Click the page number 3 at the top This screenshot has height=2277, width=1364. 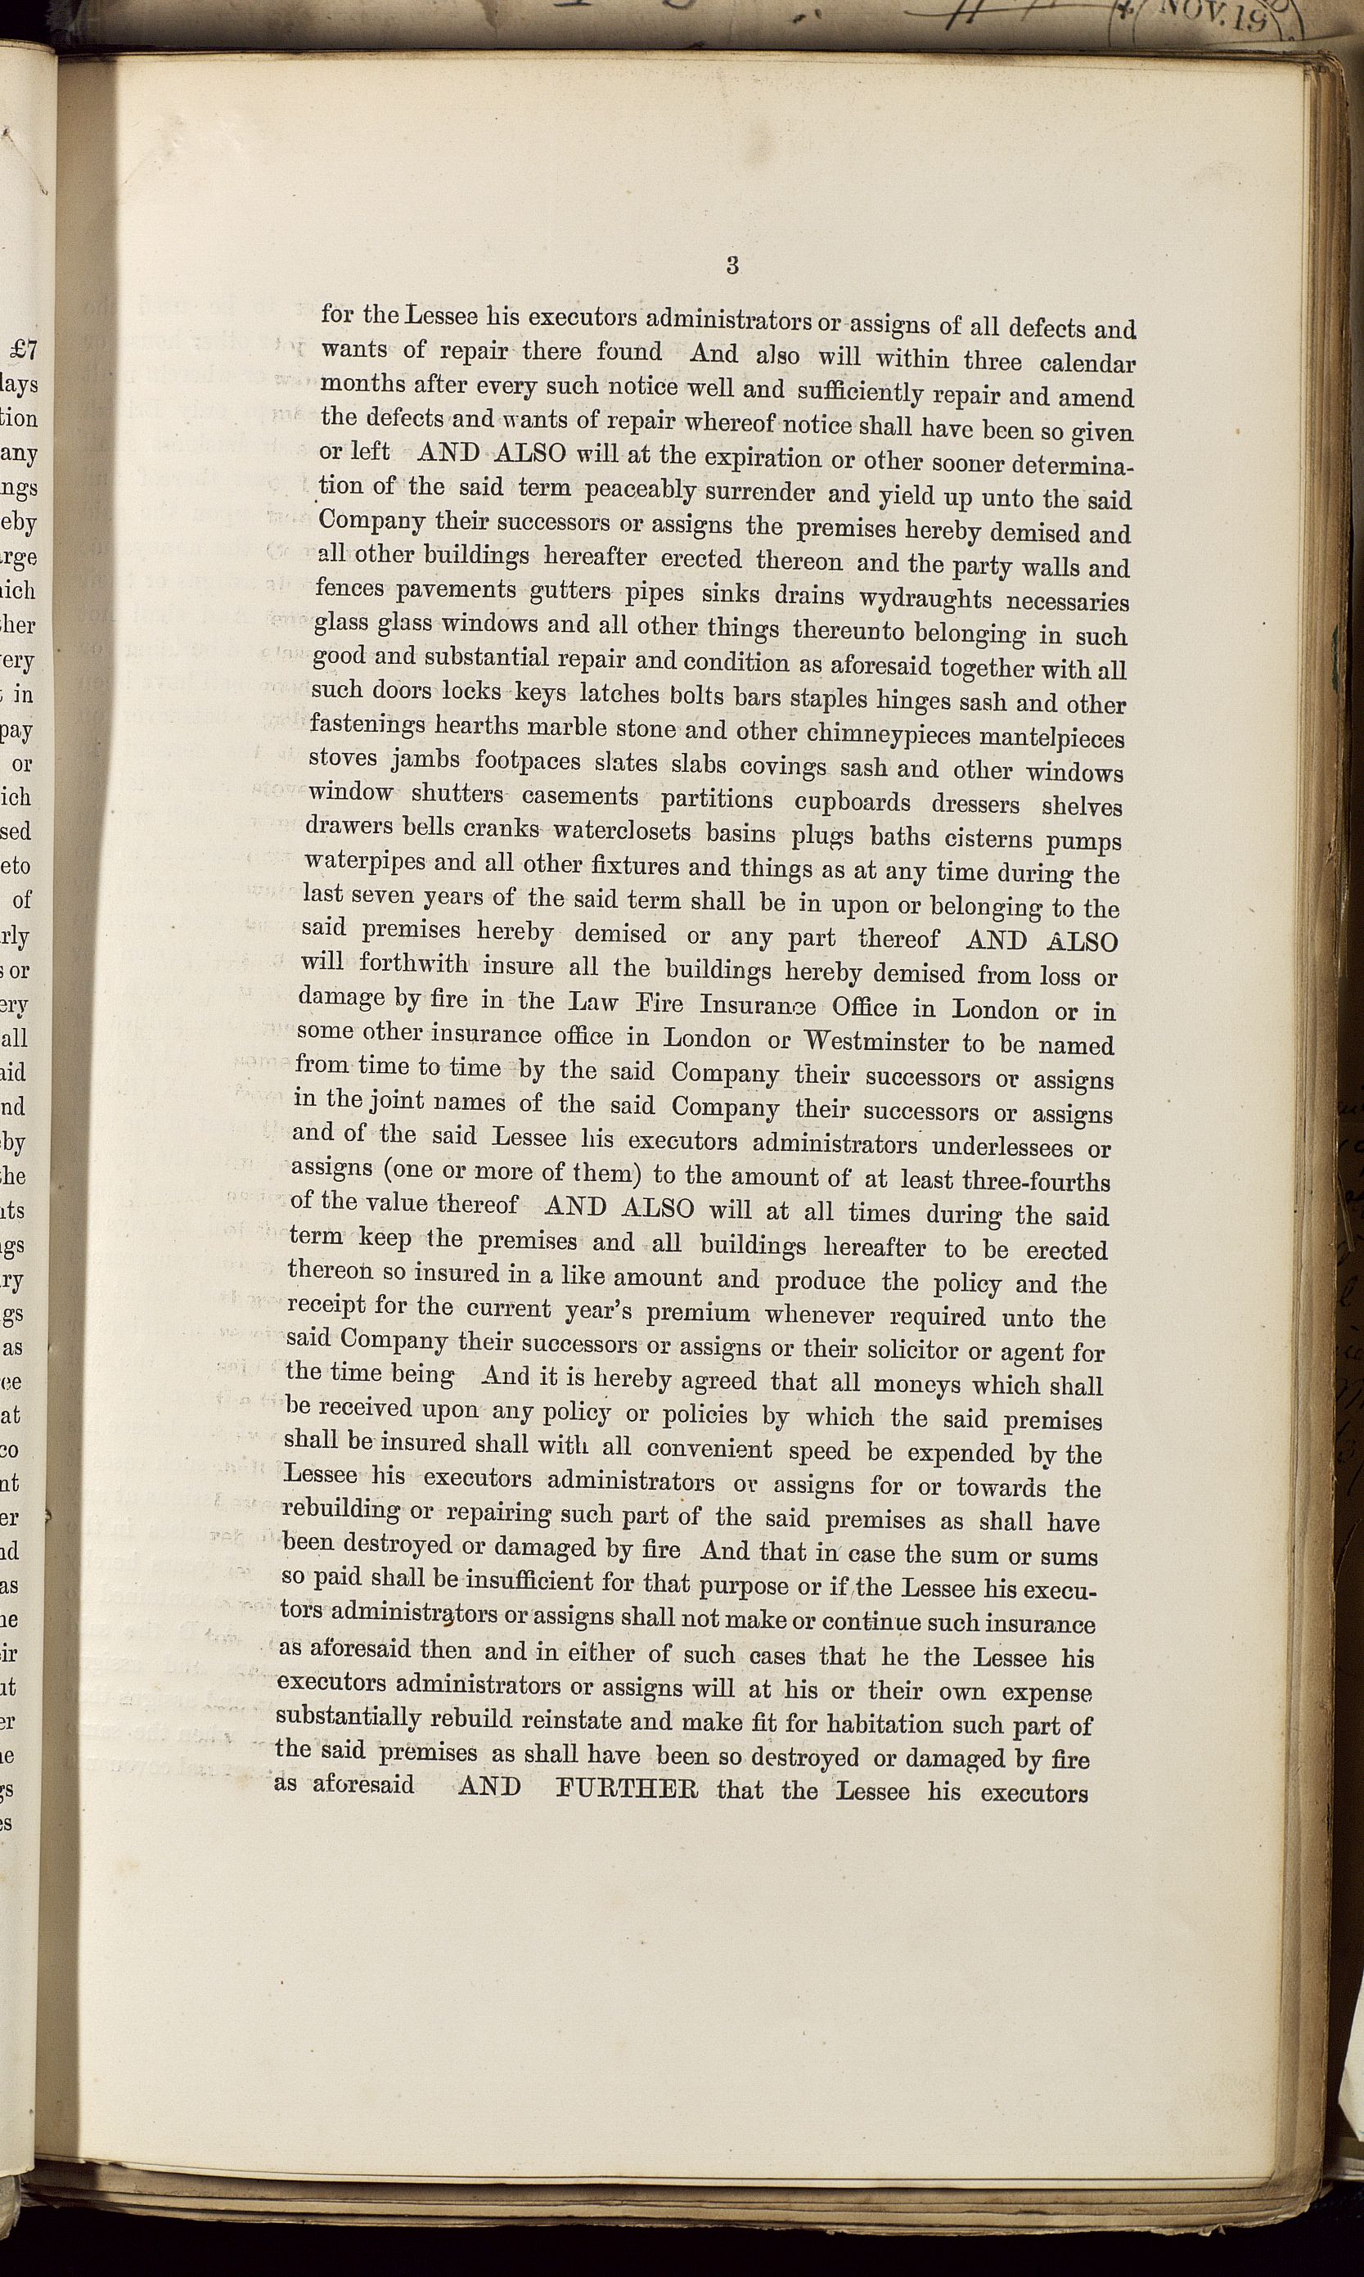tap(732, 266)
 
